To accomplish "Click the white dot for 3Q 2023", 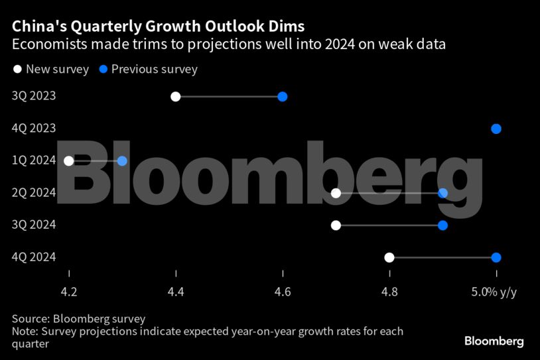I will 176,97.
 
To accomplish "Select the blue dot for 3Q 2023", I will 283,97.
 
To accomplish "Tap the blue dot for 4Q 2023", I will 496,129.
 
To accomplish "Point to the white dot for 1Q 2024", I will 69,161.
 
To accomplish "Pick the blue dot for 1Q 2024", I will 122,161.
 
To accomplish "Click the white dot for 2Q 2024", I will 336,193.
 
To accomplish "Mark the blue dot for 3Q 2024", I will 442,225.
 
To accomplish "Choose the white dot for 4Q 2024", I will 389,257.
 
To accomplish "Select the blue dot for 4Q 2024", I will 496,257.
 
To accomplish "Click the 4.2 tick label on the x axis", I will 69,291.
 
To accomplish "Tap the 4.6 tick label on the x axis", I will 283,291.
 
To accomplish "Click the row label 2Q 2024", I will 34,193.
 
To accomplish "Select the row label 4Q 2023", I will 34,129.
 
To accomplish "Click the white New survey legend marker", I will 17,69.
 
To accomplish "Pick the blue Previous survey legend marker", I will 103,69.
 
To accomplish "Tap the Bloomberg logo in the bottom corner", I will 494,341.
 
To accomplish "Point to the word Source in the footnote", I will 31,319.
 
